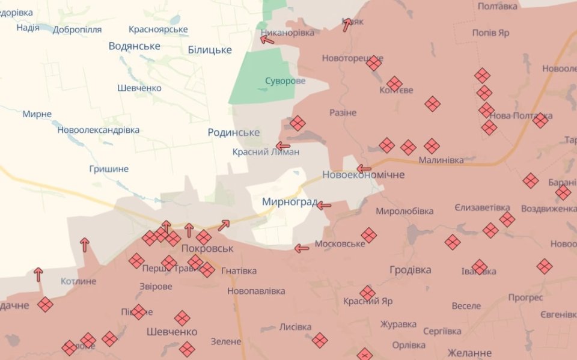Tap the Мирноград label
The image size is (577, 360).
click(x=289, y=202)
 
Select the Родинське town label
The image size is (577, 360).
click(x=233, y=132)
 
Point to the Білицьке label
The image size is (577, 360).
click(x=209, y=50)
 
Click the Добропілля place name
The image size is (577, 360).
click(x=77, y=29)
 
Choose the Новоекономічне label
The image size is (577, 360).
click(x=363, y=175)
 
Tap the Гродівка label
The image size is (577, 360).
click(x=410, y=270)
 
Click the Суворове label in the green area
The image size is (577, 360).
click(x=285, y=81)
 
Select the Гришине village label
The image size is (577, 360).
click(x=108, y=169)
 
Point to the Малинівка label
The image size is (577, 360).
click(x=441, y=160)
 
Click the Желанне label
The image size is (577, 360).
click(x=469, y=353)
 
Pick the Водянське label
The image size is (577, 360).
click(x=134, y=46)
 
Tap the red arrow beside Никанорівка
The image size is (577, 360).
click(x=266, y=40)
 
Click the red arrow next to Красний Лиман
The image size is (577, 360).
click(x=282, y=145)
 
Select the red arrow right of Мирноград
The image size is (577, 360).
click(x=324, y=206)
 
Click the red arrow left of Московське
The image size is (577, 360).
click(x=301, y=248)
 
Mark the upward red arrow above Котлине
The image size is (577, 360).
click(x=85, y=244)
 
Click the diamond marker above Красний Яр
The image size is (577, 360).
click(x=367, y=293)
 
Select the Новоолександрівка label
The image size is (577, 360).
click(x=99, y=130)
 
